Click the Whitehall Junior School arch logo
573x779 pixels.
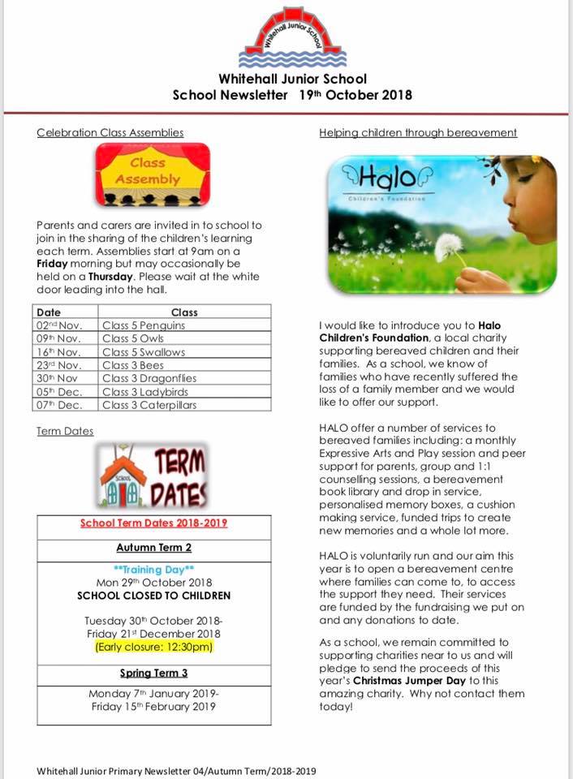click(x=292, y=37)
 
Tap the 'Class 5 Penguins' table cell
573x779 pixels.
click(x=144, y=325)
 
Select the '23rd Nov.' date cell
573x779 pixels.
click(x=59, y=365)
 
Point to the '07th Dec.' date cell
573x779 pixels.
click(x=58, y=405)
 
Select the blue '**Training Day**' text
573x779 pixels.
click(x=154, y=570)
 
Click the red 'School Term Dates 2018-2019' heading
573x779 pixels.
click(x=153, y=523)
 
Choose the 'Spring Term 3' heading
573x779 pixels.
click(x=153, y=673)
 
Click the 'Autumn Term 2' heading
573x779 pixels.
click(x=153, y=548)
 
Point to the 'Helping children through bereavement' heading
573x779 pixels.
click(x=418, y=133)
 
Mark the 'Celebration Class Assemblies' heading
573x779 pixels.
click(x=110, y=133)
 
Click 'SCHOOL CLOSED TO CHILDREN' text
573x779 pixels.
click(x=153, y=596)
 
